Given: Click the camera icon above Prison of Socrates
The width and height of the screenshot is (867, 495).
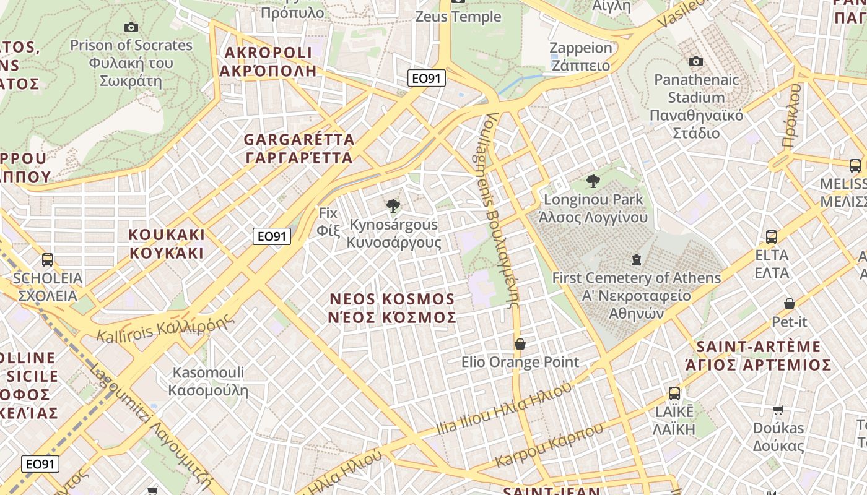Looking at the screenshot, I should click(131, 27).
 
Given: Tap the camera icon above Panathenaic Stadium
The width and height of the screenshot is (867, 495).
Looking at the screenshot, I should click(696, 61).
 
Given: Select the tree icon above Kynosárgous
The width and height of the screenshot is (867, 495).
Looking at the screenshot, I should click(393, 206).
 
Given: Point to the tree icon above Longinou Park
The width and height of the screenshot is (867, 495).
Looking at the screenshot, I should click(593, 181).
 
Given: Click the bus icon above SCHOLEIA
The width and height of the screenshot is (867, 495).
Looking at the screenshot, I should click(48, 259).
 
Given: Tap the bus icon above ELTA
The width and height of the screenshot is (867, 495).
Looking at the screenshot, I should click(772, 236).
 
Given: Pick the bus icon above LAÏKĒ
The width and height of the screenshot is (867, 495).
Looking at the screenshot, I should click(674, 393).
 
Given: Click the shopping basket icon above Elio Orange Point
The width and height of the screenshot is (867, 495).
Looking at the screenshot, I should click(520, 343).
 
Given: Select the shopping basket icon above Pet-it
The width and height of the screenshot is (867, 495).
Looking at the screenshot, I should click(790, 303).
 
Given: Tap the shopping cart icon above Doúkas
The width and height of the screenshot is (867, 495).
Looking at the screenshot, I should click(778, 409).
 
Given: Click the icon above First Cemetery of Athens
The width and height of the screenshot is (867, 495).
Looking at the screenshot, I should click(636, 259).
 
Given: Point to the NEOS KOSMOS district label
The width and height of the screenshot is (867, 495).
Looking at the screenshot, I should click(393, 308).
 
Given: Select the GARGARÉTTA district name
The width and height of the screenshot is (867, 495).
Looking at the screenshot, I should click(299, 148).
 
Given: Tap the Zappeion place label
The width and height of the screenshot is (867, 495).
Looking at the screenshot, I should click(580, 56).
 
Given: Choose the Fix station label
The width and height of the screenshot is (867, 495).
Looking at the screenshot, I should click(328, 222).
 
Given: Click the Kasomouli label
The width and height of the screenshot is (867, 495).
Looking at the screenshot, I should click(208, 381).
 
